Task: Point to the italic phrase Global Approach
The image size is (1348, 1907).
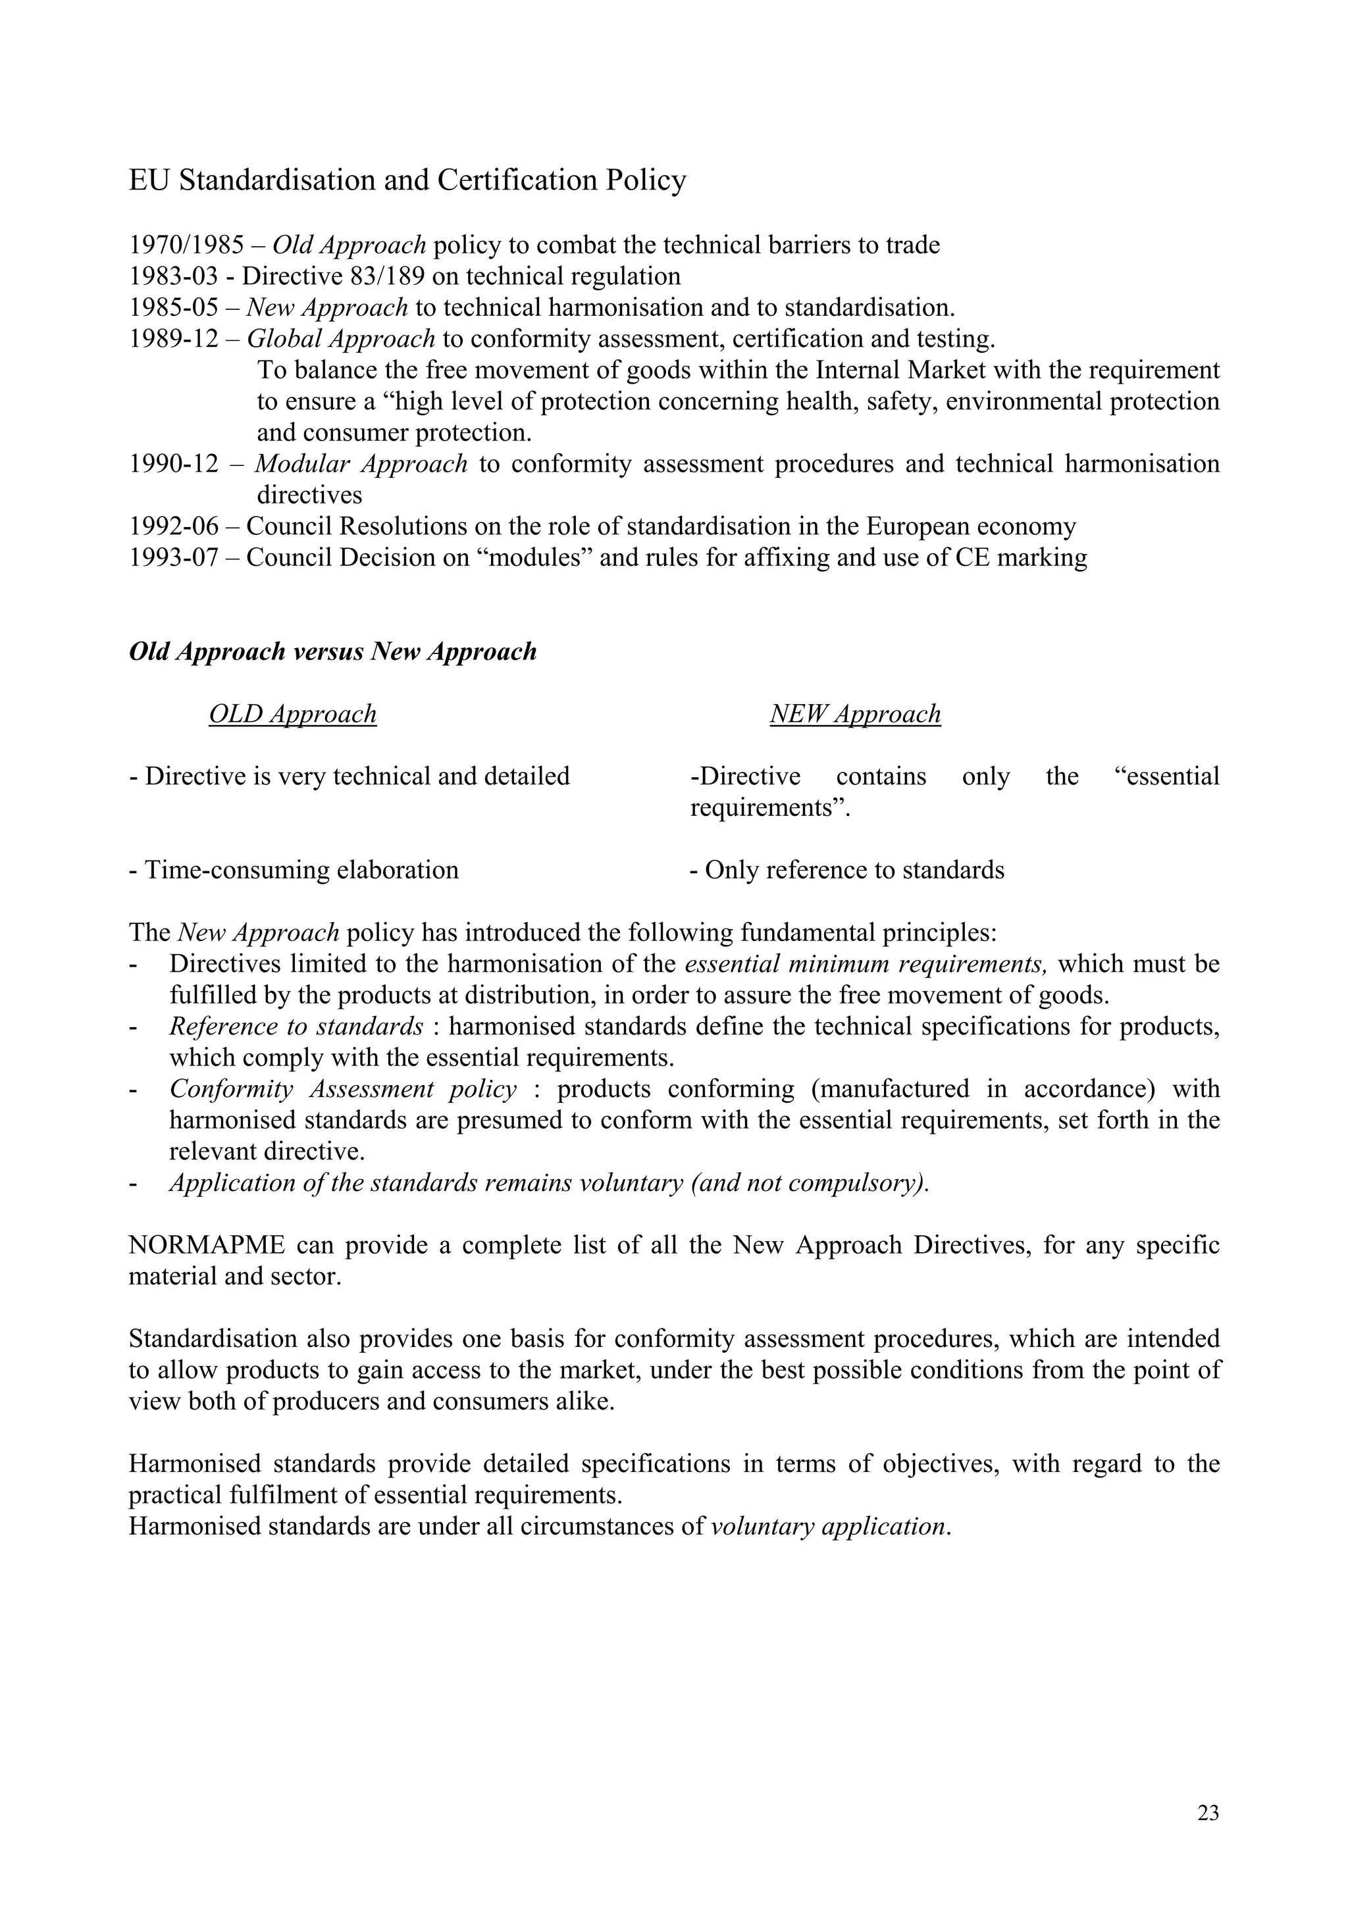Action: click(340, 339)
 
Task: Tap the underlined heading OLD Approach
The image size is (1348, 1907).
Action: click(292, 714)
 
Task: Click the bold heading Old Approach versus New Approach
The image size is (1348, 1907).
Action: click(332, 652)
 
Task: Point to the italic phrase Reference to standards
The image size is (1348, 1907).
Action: click(296, 1027)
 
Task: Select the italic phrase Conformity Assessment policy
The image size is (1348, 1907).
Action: click(343, 1089)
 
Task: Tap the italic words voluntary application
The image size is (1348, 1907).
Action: click(829, 1527)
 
